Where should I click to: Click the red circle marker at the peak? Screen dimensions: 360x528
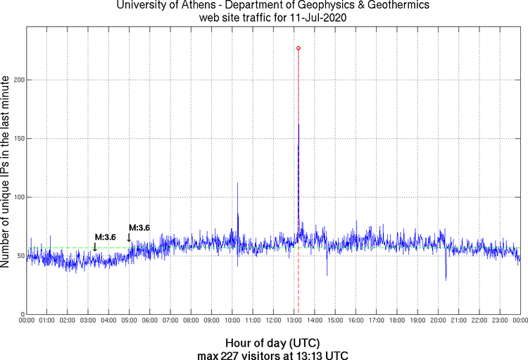click(298, 48)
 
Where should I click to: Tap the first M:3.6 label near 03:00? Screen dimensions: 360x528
click(106, 237)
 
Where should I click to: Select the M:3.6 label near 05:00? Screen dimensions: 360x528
click(139, 228)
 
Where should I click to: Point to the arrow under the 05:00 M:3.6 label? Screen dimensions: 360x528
click(129, 237)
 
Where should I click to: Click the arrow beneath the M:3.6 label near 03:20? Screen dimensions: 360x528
click(95, 246)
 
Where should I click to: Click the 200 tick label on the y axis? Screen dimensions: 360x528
click(18, 80)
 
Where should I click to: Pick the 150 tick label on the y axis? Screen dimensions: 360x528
click(18, 139)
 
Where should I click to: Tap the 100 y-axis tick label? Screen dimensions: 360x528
click(18, 197)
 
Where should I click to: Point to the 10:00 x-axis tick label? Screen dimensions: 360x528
click(232, 321)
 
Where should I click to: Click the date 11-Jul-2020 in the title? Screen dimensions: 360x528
click(320, 17)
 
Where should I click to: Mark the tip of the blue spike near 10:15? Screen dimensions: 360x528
click(237, 183)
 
